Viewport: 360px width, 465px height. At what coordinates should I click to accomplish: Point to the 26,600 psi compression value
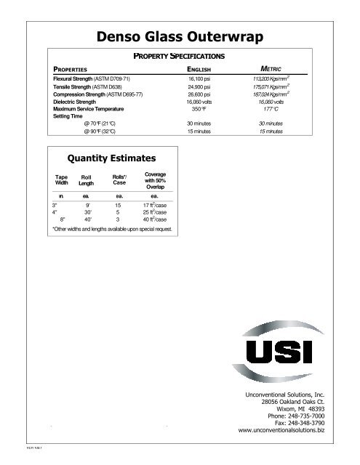(199, 94)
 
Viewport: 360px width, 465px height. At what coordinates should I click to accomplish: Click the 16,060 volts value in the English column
(199, 102)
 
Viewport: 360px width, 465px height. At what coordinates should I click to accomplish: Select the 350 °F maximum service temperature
(199, 109)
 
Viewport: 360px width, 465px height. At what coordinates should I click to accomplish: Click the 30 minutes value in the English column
(199, 124)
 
